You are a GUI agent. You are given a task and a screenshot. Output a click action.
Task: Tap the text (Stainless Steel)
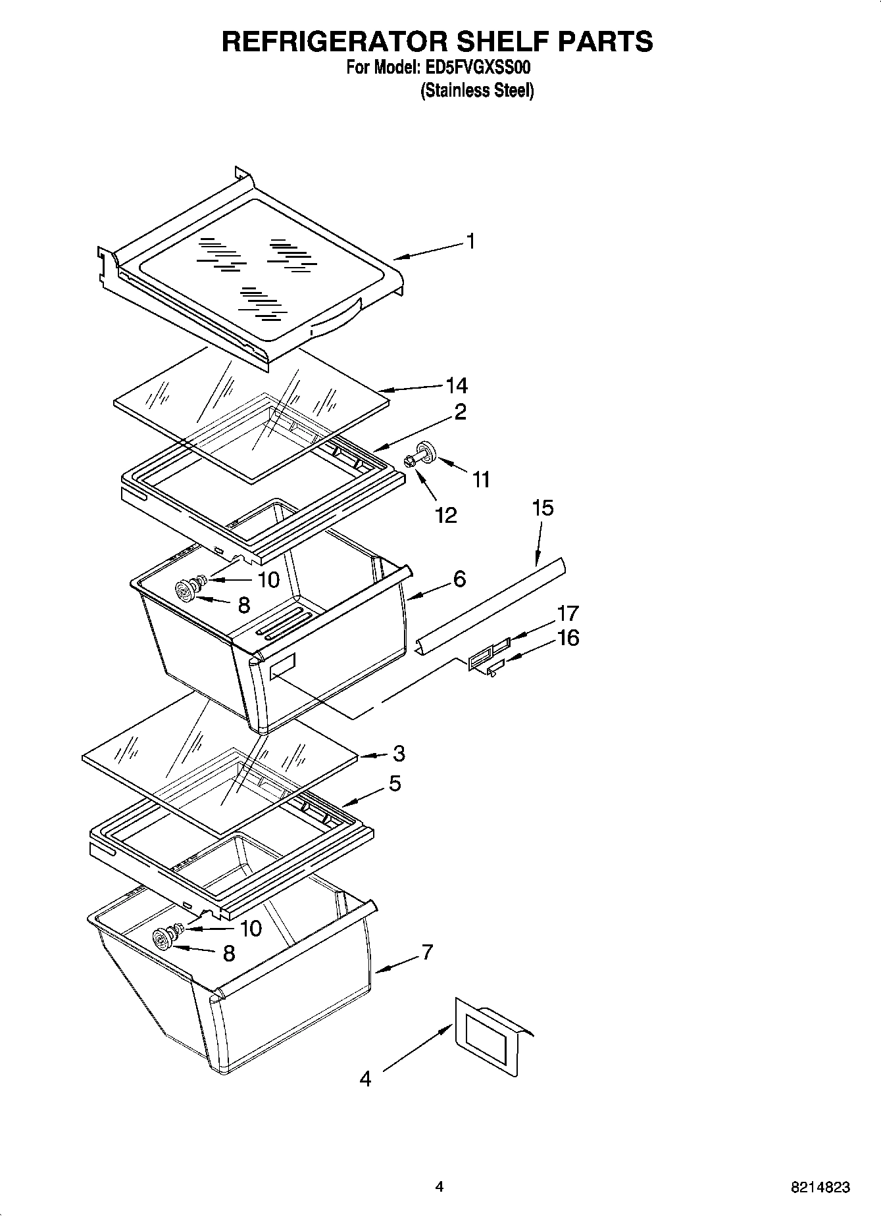pos(477,90)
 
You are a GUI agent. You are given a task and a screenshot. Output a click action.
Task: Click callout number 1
pos(470,241)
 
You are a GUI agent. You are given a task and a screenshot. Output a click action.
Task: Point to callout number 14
pos(457,385)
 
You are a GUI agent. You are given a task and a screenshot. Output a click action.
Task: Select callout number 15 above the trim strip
pos(543,508)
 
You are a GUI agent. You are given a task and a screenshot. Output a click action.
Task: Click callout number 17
pos(567,613)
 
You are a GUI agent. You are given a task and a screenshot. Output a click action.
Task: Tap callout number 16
pos(568,638)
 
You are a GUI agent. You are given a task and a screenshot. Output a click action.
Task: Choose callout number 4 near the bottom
pos(365,1079)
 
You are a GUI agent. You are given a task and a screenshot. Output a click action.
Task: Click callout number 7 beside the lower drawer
pos(427,952)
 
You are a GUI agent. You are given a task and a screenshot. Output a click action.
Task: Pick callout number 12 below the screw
pos(446,515)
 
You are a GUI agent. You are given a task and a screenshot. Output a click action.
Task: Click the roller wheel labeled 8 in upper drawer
pos(186,591)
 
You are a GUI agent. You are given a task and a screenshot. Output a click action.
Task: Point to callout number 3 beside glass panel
pos(398,754)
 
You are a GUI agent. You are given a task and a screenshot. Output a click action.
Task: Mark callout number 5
pos(394,783)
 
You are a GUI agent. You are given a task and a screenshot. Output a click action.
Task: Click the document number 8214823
pos(820,1188)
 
